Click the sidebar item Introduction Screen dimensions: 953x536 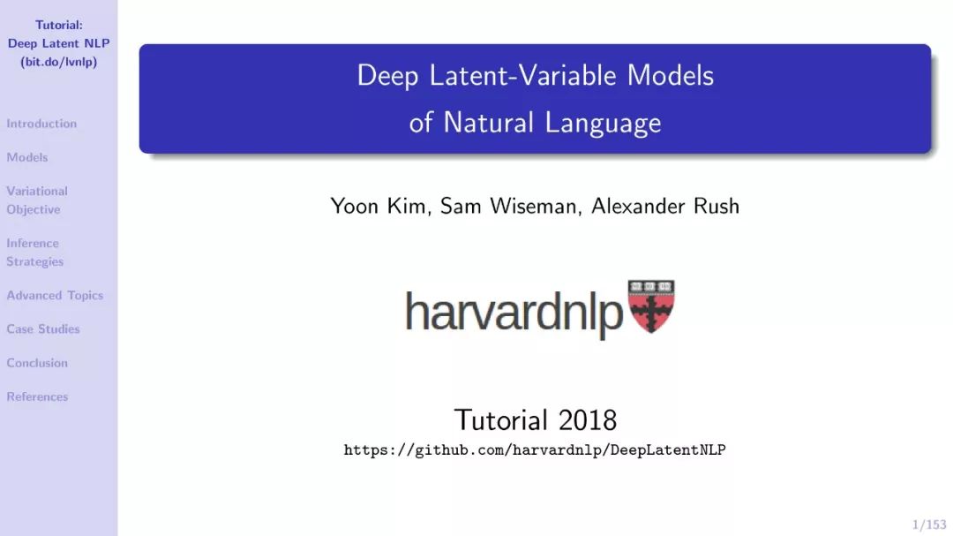pos(41,124)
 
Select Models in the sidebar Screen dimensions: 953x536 pos(26,157)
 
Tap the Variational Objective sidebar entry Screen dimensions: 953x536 pos(37,200)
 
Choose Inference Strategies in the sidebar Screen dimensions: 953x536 pos(34,252)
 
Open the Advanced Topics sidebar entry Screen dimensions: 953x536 pos(55,295)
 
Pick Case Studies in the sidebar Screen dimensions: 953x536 pos(43,329)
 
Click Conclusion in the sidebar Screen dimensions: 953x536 pos(37,363)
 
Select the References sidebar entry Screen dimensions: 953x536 pos(37,396)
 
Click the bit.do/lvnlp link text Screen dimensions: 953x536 pos(59,62)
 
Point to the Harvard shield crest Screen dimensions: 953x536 pos(651,306)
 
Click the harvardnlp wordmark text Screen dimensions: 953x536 pos(514,312)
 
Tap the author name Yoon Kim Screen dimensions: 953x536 pos(380,207)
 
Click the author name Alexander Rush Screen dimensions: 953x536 pos(665,207)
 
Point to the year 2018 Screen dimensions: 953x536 pos(588,419)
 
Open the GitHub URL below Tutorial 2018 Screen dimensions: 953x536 pos(535,450)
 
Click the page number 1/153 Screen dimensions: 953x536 pos(929,525)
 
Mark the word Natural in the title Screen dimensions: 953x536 pos(489,122)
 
